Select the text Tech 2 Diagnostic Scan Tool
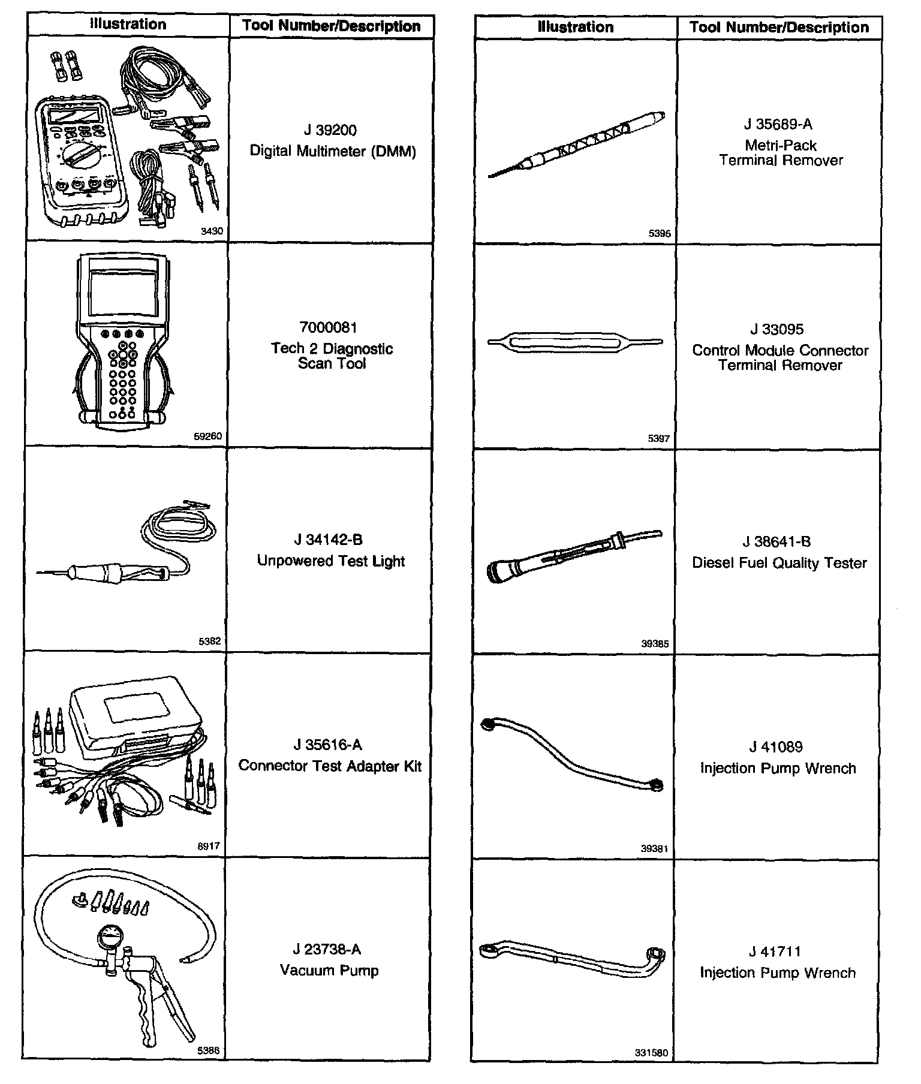[332, 356]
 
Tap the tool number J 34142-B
[328, 540]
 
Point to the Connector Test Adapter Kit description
[330, 766]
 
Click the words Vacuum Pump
[329, 970]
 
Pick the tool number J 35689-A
[778, 124]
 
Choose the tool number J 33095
[776, 329]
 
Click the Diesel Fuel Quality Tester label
[779, 563]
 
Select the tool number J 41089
[776, 747]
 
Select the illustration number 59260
[207, 436]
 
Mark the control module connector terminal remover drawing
[575, 343]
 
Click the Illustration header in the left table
[128, 25]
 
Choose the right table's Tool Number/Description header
[779, 27]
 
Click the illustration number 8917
[209, 847]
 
